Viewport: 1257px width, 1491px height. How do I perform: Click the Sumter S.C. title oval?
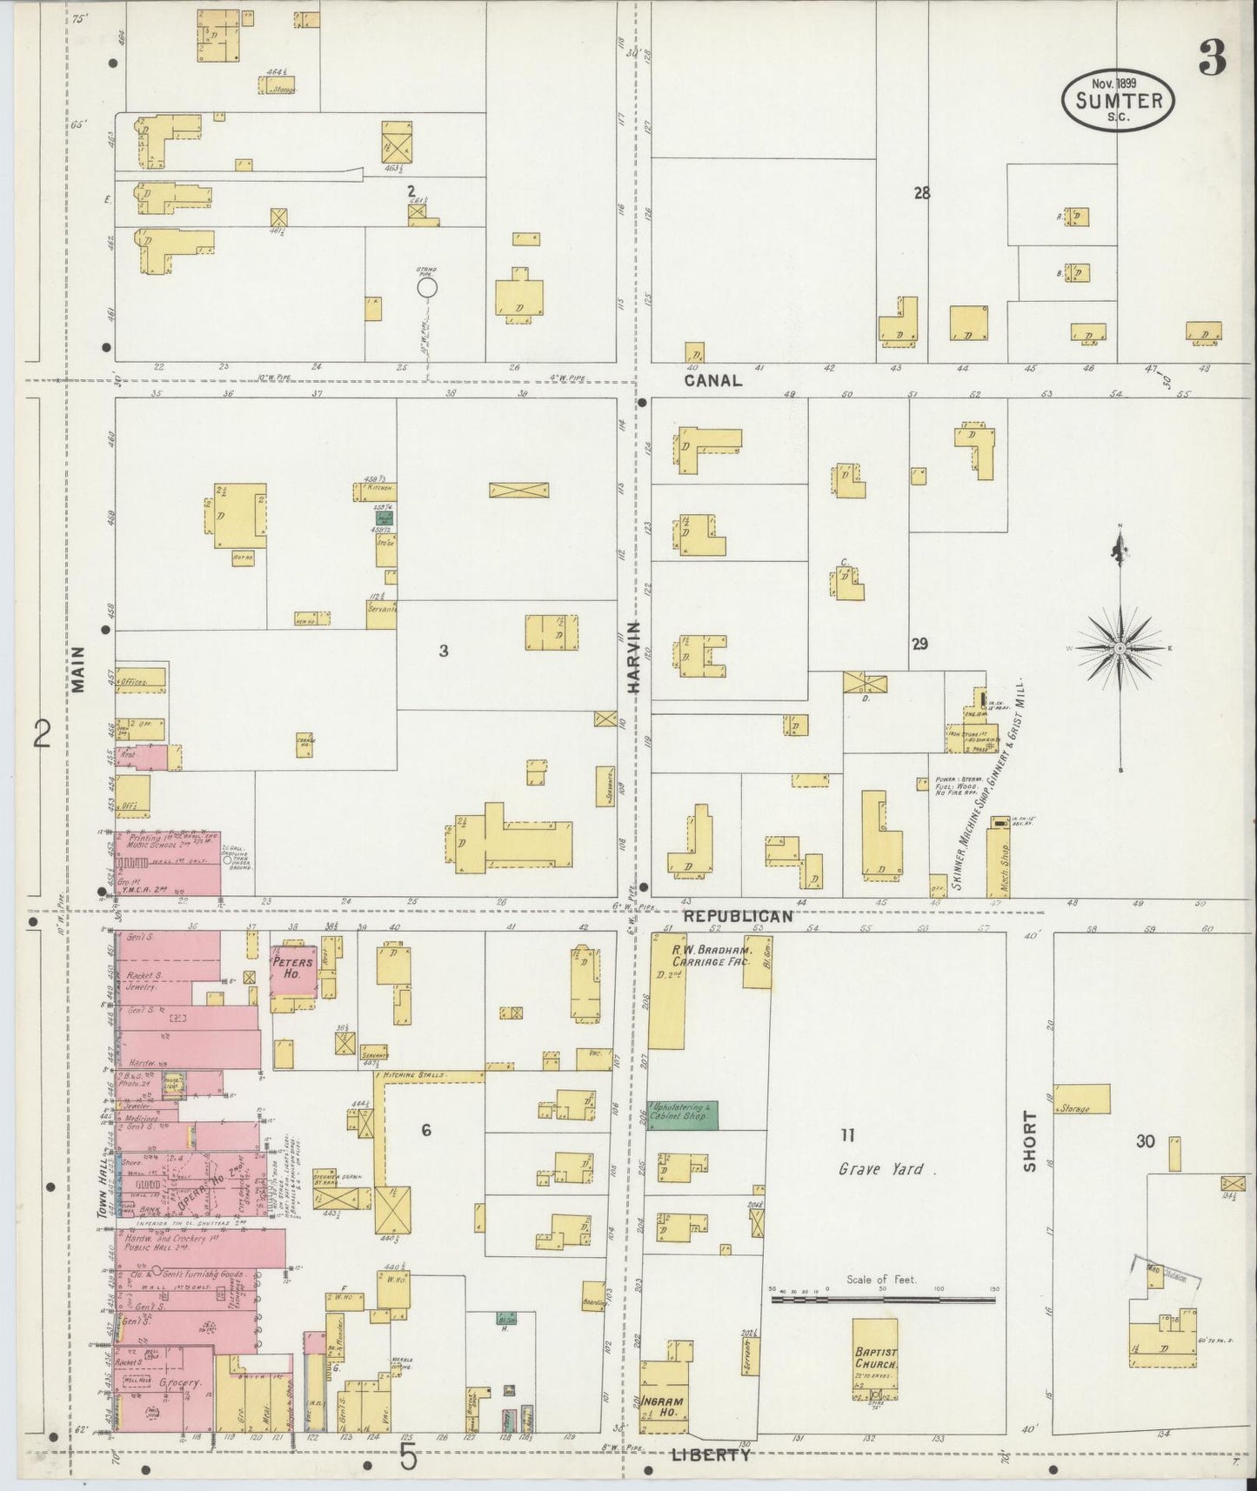[x=1118, y=100]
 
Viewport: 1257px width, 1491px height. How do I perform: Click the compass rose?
[x=1120, y=648]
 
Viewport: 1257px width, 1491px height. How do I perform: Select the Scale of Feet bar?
[x=883, y=1300]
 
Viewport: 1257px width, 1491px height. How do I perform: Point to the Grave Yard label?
[x=886, y=1170]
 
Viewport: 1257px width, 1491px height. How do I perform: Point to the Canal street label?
[x=712, y=380]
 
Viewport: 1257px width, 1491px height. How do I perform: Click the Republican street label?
[x=737, y=916]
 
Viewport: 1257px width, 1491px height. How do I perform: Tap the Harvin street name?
[x=633, y=657]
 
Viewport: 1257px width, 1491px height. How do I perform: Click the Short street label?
[x=1030, y=1140]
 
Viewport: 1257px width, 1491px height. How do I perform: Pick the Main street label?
[x=79, y=669]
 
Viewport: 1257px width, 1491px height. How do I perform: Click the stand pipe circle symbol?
[x=426, y=286]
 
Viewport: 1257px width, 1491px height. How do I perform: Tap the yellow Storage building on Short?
[x=1082, y=1099]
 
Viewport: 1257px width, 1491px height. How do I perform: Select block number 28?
[x=921, y=193]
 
